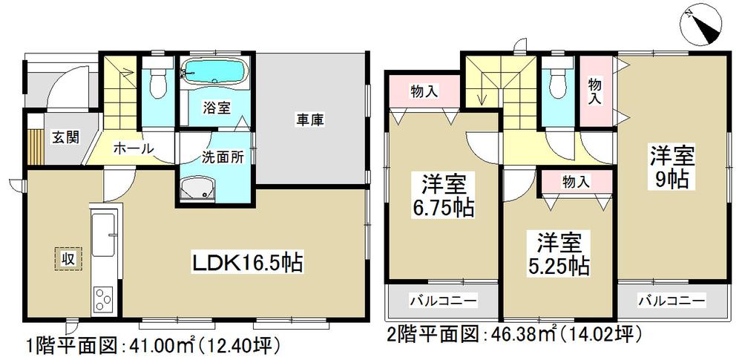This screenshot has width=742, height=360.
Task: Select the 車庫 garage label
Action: (312, 119)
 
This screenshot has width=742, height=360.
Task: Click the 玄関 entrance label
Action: (65, 137)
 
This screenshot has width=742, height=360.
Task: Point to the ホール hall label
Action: (134, 148)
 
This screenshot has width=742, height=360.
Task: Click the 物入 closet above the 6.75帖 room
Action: (424, 91)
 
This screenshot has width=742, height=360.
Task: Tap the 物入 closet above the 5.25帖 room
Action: (576, 180)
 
